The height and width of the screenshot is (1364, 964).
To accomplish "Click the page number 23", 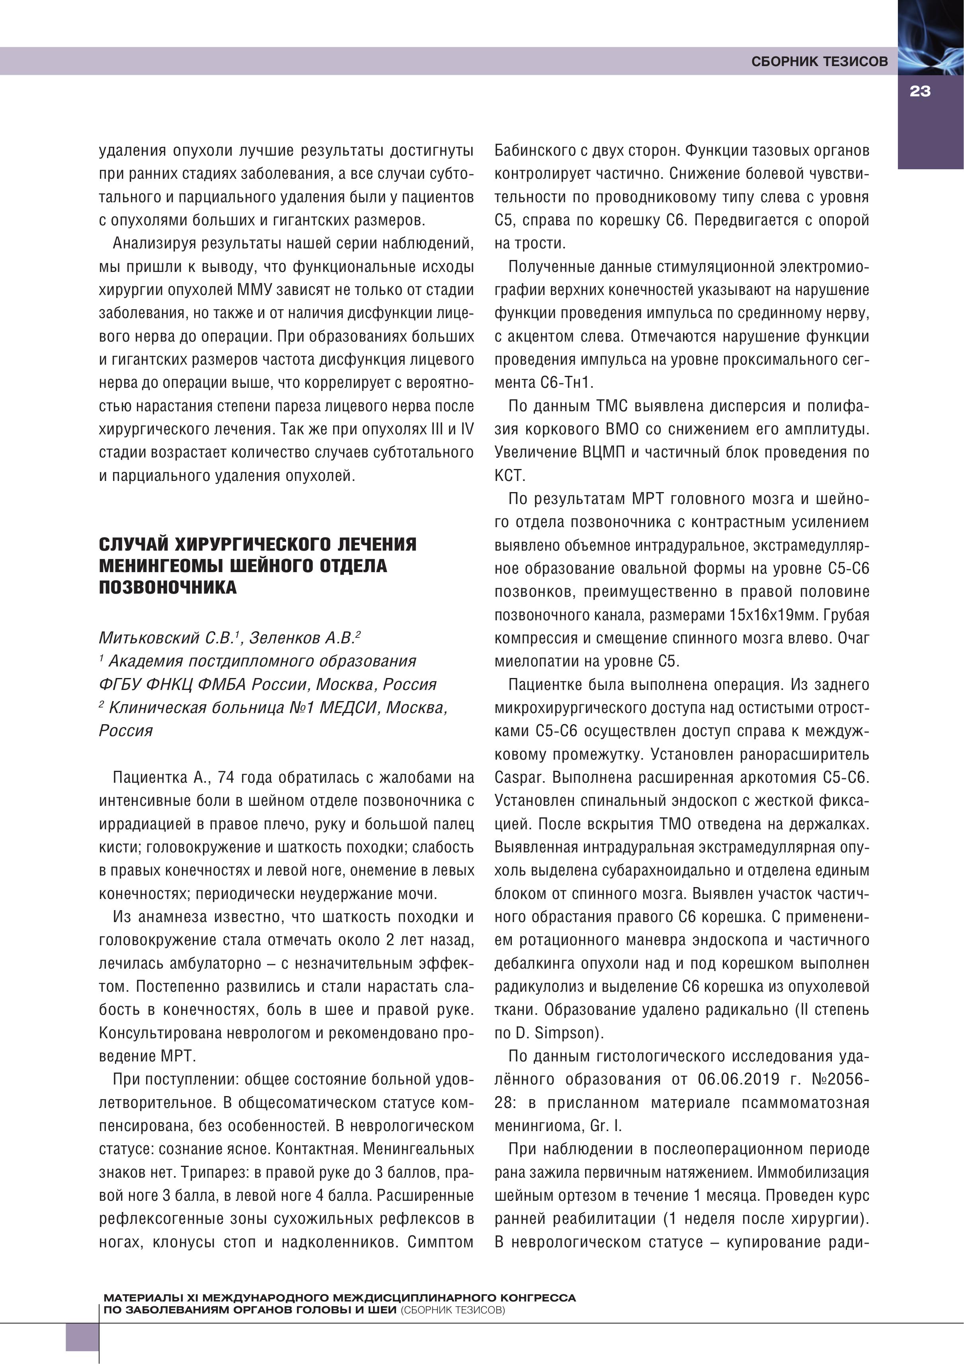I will pyautogui.click(x=919, y=92).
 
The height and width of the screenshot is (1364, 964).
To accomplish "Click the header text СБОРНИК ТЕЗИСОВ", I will pyautogui.click(x=819, y=62).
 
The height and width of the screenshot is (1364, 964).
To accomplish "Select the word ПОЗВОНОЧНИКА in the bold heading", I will pyautogui.click(x=168, y=588).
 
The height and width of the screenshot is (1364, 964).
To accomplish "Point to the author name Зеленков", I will pyautogui.click(x=285, y=638).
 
